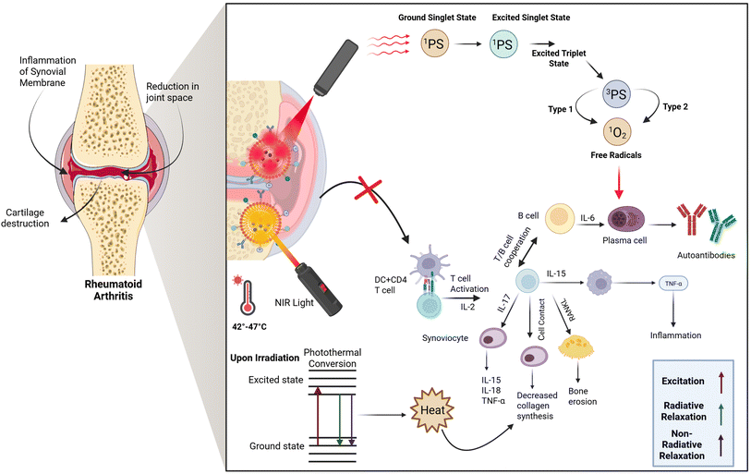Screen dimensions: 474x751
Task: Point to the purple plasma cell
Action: pos(622,223)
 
